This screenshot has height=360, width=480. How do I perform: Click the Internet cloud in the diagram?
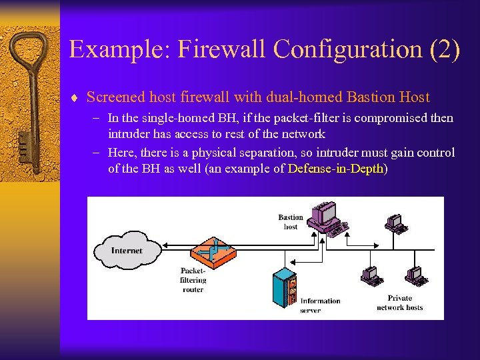127,251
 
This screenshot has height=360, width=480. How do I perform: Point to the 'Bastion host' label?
291,222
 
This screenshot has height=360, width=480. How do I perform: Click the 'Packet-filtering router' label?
193,280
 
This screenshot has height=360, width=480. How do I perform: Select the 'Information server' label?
320,305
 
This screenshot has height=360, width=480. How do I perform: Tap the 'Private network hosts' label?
399,303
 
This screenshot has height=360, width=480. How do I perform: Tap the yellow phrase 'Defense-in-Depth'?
336,169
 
